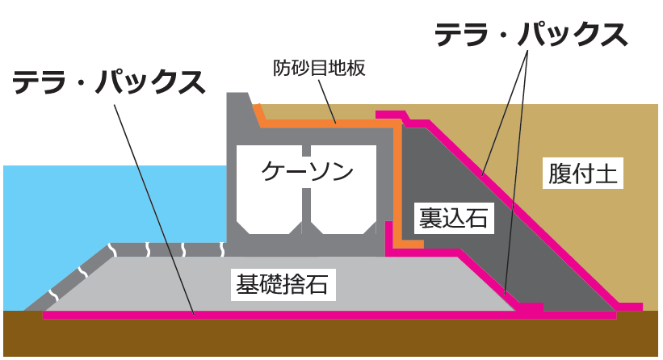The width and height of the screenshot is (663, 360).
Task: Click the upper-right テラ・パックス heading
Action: [x=531, y=35]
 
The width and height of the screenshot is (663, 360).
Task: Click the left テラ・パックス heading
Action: [x=107, y=82]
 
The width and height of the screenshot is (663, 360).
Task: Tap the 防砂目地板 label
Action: [x=320, y=68]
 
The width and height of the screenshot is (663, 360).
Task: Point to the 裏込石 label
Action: [x=453, y=218]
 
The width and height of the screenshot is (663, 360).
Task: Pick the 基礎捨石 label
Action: [x=280, y=283]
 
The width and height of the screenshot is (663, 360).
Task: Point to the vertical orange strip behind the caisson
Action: [x=398, y=186]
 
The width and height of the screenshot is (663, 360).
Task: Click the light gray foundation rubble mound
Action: [x=162, y=283]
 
